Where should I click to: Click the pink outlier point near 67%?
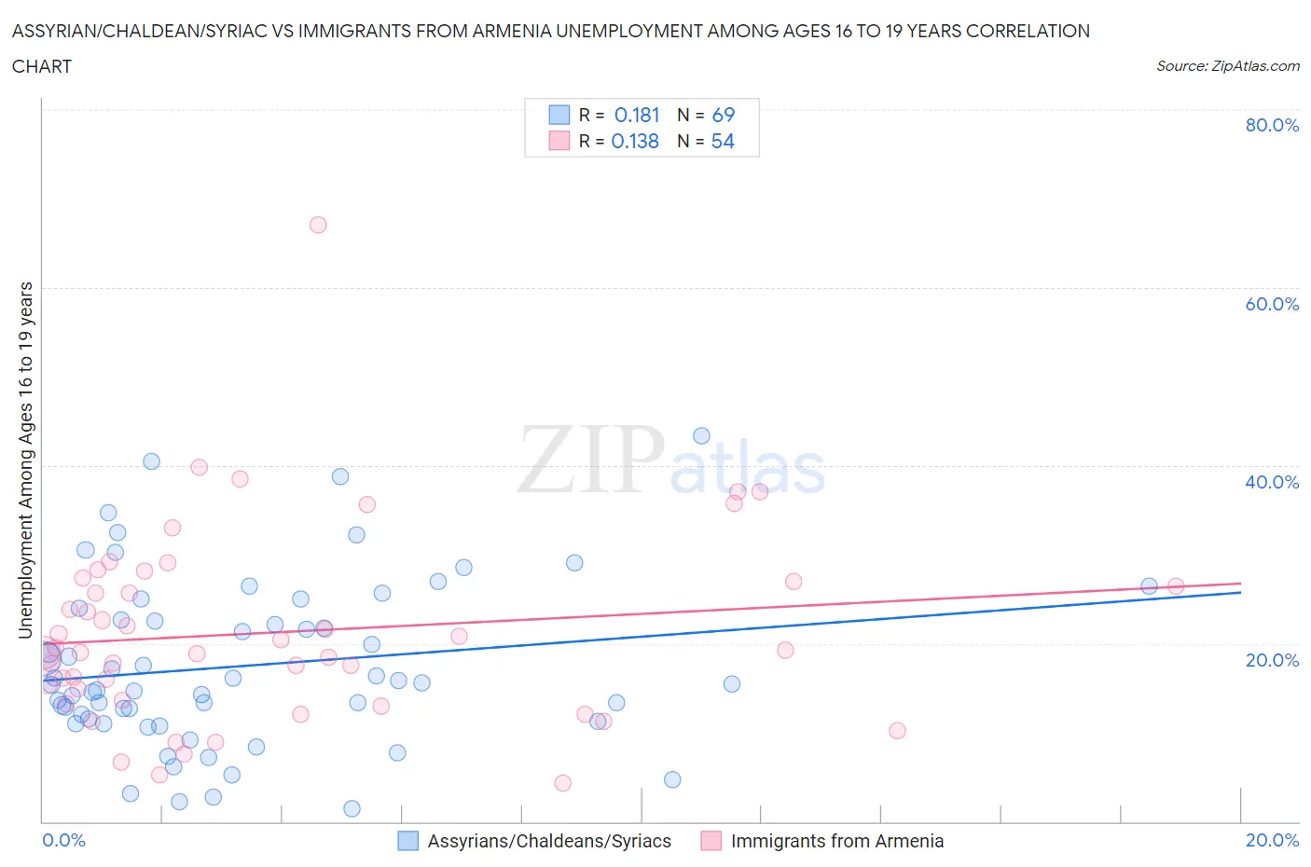pyautogui.click(x=318, y=225)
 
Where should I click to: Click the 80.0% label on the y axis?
pyautogui.click(x=1272, y=125)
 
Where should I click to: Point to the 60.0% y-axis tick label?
pyautogui.click(x=1272, y=304)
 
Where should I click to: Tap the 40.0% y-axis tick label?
pyautogui.click(x=1272, y=482)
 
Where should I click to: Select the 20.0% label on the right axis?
pyautogui.click(x=1272, y=660)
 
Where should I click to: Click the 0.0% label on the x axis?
pyautogui.click(x=63, y=840)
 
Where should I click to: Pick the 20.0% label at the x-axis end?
pyautogui.click(x=1272, y=840)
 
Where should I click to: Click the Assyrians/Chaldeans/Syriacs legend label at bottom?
pyautogui.click(x=549, y=841)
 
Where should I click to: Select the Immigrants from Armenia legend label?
pyautogui.click(x=836, y=841)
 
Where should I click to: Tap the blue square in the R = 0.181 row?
pyautogui.click(x=559, y=115)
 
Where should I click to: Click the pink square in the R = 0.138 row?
pyautogui.click(x=559, y=141)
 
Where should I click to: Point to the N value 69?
pyautogui.click(x=724, y=115)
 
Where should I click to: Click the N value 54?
pyautogui.click(x=723, y=141)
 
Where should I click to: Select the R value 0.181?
pyautogui.click(x=637, y=115)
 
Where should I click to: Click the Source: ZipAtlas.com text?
pyautogui.click(x=1227, y=65)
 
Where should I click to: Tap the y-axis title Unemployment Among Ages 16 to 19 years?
pyautogui.click(x=25, y=461)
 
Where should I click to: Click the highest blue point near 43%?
pyautogui.click(x=701, y=435)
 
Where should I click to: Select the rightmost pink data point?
pyautogui.click(x=1176, y=585)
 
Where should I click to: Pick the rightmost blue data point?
pyautogui.click(x=1149, y=585)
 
